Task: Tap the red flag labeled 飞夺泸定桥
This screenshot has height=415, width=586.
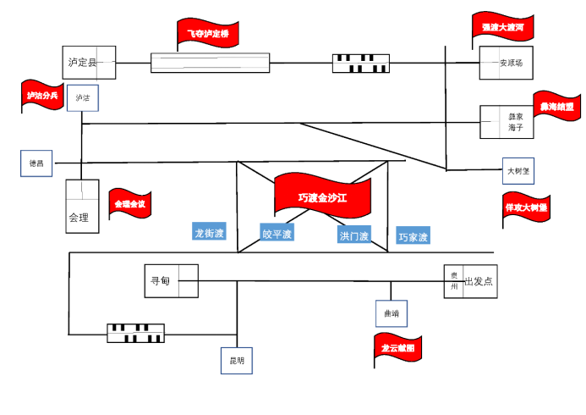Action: (x=208, y=34)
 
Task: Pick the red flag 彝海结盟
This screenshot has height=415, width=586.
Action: (x=557, y=107)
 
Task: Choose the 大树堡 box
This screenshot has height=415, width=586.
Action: (x=518, y=170)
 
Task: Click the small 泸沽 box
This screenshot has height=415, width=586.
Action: (x=83, y=97)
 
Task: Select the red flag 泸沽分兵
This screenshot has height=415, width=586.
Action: (x=42, y=96)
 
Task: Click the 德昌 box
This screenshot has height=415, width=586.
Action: (x=36, y=163)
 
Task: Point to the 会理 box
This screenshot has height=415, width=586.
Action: (x=82, y=206)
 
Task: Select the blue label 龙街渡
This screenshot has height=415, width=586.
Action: (x=209, y=232)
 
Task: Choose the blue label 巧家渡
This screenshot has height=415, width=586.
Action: (x=413, y=235)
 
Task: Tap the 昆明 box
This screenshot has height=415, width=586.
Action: (x=237, y=360)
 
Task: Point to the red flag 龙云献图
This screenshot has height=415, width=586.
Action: (x=398, y=348)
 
